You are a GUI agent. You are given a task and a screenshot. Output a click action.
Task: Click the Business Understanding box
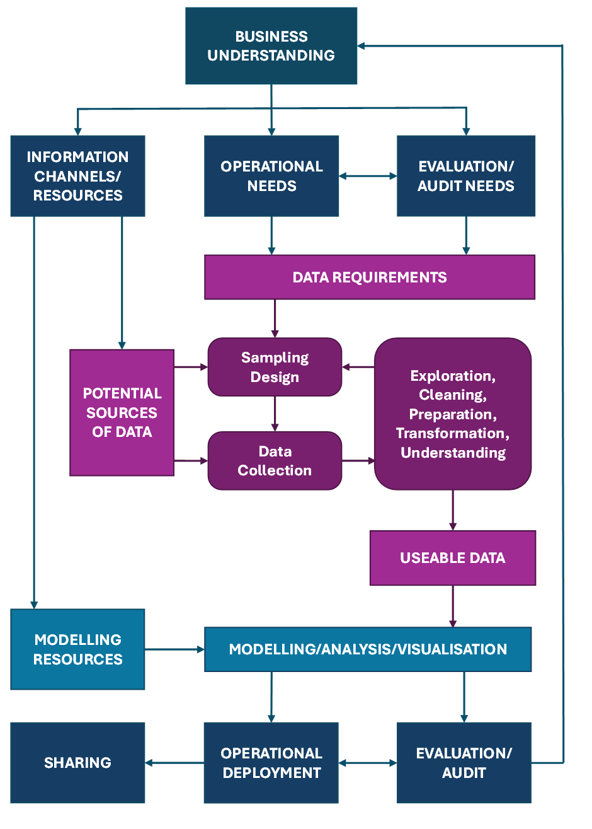pyautogui.click(x=271, y=46)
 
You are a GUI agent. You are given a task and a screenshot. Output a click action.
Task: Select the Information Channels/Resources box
pyautogui.click(x=77, y=176)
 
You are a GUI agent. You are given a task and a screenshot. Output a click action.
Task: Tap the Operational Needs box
pyautogui.click(x=271, y=176)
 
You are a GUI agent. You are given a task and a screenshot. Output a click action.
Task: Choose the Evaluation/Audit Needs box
pyautogui.click(x=465, y=176)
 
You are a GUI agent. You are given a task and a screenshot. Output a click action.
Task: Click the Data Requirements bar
pyautogui.click(x=370, y=277)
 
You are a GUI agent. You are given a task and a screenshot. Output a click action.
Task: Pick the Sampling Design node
pyautogui.click(x=275, y=367)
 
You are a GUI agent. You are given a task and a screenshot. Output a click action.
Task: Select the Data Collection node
pyautogui.click(x=275, y=461)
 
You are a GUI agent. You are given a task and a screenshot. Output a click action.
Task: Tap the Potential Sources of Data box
pyautogui.click(x=122, y=412)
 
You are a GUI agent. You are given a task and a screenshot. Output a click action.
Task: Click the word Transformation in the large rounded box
pyautogui.click(x=453, y=433)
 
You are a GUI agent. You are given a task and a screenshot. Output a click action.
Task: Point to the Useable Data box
pyautogui.click(x=452, y=558)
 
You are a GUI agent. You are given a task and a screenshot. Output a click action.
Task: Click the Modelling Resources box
pyautogui.click(x=77, y=649)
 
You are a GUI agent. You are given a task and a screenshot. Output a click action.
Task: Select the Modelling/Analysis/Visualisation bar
pyautogui.click(x=368, y=649)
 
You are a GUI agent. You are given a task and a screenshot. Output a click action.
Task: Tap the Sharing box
pyautogui.click(x=77, y=763)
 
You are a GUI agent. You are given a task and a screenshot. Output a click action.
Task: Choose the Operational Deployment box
pyautogui.click(x=271, y=763)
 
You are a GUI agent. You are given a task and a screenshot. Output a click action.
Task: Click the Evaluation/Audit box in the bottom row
pyautogui.click(x=464, y=763)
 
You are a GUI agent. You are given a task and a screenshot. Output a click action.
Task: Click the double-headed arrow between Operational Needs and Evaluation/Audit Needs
pyautogui.click(x=368, y=176)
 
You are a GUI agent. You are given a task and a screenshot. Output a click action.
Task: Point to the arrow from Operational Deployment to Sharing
pyautogui.click(x=174, y=763)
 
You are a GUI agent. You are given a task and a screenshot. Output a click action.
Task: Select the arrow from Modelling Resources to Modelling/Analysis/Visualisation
pyautogui.click(x=174, y=649)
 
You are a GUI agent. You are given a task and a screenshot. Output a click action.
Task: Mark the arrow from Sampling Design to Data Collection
pyautogui.click(x=275, y=414)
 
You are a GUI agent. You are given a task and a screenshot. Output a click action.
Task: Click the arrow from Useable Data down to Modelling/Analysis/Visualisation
pyautogui.click(x=452, y=606)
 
